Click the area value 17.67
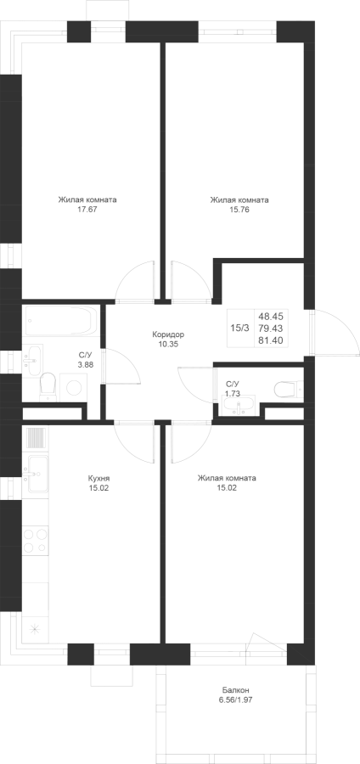click(x=87, y=211)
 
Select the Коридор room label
click(x=168, y=334)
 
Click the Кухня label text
click(x=95, y=478)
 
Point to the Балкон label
click(x=236, y=690)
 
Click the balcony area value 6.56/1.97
click(x=236, y=699)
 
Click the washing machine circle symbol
click(x=74, y=387)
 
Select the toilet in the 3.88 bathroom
click(x=48, y=386)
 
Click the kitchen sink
click(x=37, y=473)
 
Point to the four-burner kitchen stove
click(x=36, y=539)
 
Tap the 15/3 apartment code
click(x=239, y=328)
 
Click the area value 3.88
click(x=86, y=364)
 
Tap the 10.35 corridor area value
click(x=168, y=344)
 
